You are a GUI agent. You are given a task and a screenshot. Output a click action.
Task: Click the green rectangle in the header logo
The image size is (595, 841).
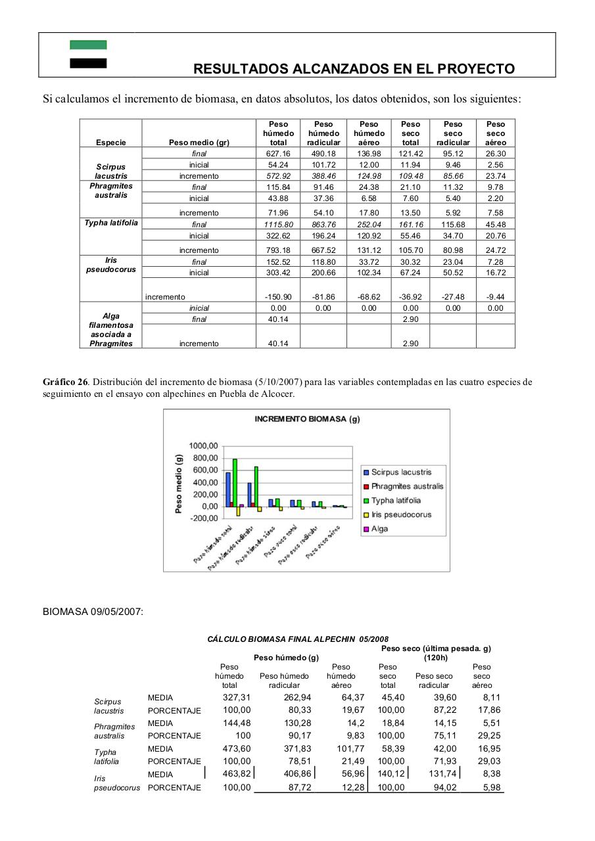(x=88, y=45)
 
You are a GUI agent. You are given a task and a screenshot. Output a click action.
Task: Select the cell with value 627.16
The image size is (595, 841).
(x=278, y=154)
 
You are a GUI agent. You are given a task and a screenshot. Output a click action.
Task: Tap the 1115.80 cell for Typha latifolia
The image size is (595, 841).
(x=278, y=225)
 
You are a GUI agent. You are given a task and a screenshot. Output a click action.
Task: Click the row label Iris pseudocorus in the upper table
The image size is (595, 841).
(x=110, y=265)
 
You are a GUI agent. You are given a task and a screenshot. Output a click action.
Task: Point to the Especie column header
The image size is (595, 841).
(x=110, y=143)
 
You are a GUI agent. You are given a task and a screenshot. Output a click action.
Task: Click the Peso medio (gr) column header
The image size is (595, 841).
(x=199, y=143)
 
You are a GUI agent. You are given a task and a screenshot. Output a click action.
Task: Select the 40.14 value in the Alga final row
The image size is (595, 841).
(x=278, y=319)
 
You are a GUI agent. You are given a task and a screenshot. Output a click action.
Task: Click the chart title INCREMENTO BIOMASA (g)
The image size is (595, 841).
(x=307, y=419)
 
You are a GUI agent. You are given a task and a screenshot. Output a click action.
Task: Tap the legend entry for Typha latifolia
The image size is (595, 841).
(x=396, y=501)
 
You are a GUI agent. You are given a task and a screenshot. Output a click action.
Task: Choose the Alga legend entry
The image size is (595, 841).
(x=379, y=529)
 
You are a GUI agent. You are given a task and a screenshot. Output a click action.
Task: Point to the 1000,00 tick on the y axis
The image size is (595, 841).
(x=203, y=446)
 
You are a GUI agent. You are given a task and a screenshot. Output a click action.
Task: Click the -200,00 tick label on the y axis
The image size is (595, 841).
(x=203, y=518)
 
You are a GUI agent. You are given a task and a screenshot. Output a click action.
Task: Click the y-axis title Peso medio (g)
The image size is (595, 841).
(x=179, y=482)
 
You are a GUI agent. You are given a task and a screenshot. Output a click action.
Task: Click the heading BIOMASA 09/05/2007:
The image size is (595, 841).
(x=93, y=612)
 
